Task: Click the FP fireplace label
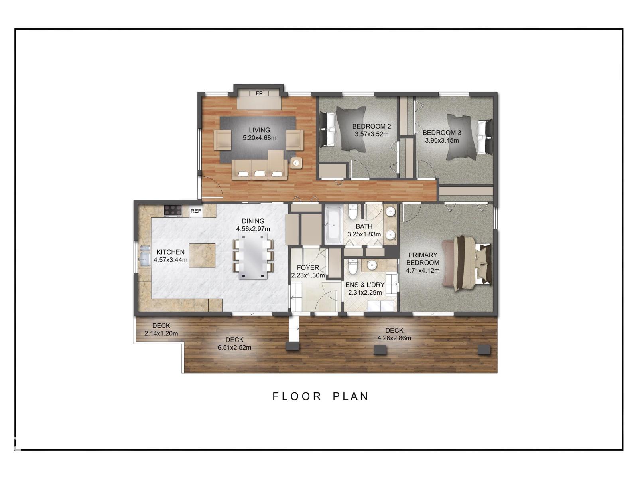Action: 259,93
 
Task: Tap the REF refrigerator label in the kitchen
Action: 196,211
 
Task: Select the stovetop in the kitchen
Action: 173,210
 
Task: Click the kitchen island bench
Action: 202,255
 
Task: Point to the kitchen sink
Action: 144,256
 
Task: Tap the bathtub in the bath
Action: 333,226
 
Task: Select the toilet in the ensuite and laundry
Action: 352,267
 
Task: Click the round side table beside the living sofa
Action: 296,162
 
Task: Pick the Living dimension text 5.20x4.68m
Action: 259,138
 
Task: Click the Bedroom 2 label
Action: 371,126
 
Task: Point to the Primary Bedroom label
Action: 423,259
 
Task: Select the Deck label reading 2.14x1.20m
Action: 161,333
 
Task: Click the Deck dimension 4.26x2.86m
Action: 394,338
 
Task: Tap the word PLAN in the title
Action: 351,396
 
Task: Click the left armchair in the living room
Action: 223,140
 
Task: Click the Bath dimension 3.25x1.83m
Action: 364,234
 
